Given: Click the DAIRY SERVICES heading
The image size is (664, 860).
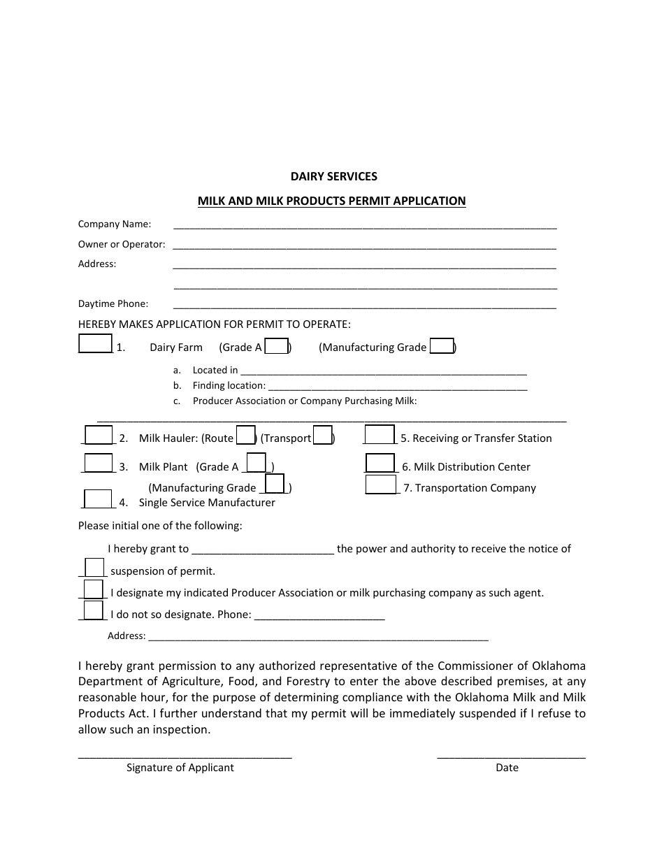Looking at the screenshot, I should (x=334, y=177).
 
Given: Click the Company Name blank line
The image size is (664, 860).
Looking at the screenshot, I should (x=364, y=225).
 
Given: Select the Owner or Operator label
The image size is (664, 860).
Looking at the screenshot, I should (x=122, y=244).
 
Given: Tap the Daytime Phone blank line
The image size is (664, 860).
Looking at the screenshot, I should (x=364, y=305).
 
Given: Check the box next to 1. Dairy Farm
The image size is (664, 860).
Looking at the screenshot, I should (x=95, y=343).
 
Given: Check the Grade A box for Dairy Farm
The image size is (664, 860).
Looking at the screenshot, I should (x=277, y=346).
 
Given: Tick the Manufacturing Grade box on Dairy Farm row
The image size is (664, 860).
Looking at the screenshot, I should (x=441, y=346).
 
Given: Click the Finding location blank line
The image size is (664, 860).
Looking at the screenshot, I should (x=397, y=386).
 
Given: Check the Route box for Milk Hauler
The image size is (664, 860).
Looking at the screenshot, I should (x=245, y=436).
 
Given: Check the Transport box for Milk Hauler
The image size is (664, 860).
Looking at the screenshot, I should (x=322, y=436).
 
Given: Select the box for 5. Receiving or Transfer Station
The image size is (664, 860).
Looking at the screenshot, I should (x=380, y=435).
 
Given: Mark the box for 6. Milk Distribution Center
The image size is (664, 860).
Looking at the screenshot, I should (x=380, y=463).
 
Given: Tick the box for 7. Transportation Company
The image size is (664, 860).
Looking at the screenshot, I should (x=381, y=484).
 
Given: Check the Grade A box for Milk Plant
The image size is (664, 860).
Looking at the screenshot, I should (x=257, y=463).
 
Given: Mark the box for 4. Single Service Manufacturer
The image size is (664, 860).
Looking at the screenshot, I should (x=98, y=499).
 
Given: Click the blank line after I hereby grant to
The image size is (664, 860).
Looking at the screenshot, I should (x=262, y=550).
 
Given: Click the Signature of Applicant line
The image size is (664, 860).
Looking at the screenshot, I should (x=185, y=756).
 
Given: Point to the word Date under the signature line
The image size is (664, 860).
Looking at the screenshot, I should (x=507, y=768).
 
